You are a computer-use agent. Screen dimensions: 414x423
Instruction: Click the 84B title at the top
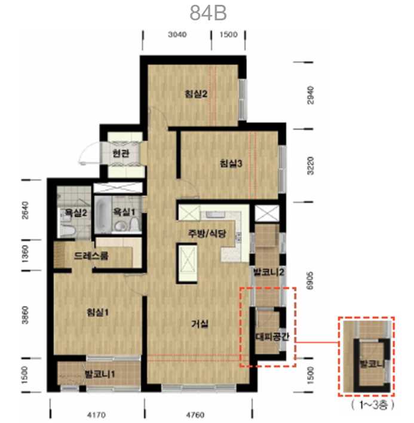click(x=208, y=13)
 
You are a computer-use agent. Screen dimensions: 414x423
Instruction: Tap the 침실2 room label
click(x=196, y=94)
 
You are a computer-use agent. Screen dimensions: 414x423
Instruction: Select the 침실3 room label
click(x=231, y=163)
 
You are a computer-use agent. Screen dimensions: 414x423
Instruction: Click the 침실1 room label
click(x=97, y=312)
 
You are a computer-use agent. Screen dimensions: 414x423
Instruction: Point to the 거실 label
click(x=200, y=323)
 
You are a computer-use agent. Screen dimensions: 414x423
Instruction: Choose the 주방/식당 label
click(x=207, y=234)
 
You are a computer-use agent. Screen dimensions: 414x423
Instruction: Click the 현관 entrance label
click(x=121, y=154)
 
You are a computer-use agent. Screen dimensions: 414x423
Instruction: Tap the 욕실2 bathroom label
click(x=76, y=213)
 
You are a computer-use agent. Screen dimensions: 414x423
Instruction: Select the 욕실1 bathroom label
click(x=124, y=211)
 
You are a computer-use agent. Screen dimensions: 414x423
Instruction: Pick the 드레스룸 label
click(x=91, y=256)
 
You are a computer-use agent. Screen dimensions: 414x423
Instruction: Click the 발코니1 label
click(x=100, y=374)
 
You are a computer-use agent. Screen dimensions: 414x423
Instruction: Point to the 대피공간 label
click(x=272, y=336)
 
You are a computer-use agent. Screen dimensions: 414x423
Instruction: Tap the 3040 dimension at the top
click(x=177, y=35)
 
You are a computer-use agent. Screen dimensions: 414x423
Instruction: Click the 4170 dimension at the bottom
click(x=96, y=415)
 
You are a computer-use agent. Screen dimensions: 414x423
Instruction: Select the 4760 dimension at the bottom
click(x=195, y=415)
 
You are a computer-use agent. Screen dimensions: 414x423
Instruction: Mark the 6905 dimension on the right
click(x=310, y=281)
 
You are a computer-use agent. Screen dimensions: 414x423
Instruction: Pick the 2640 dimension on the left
click(x=24, y=210)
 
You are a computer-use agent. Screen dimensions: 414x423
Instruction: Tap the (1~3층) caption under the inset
click(x=372, y=404)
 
